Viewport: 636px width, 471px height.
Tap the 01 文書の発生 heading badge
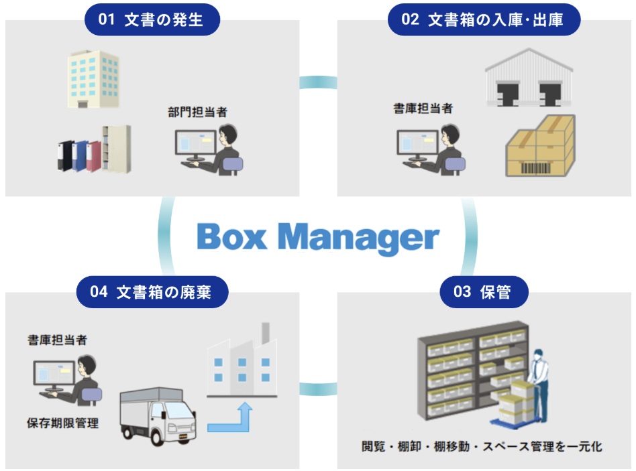pos(152,19)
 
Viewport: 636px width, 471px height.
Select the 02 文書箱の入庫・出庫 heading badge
pos(483,19)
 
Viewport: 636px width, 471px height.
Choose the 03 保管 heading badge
pos(484,292)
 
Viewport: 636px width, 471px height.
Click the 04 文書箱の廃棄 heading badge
pos(152,292)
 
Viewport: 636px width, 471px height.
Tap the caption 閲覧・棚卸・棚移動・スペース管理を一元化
pos(482,446)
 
